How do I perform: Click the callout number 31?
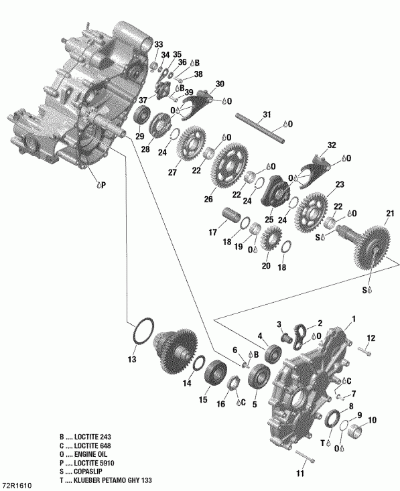[267, 115]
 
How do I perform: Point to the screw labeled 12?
[363, 350]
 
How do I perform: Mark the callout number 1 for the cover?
[354, 319]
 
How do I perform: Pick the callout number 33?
[158, 44]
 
